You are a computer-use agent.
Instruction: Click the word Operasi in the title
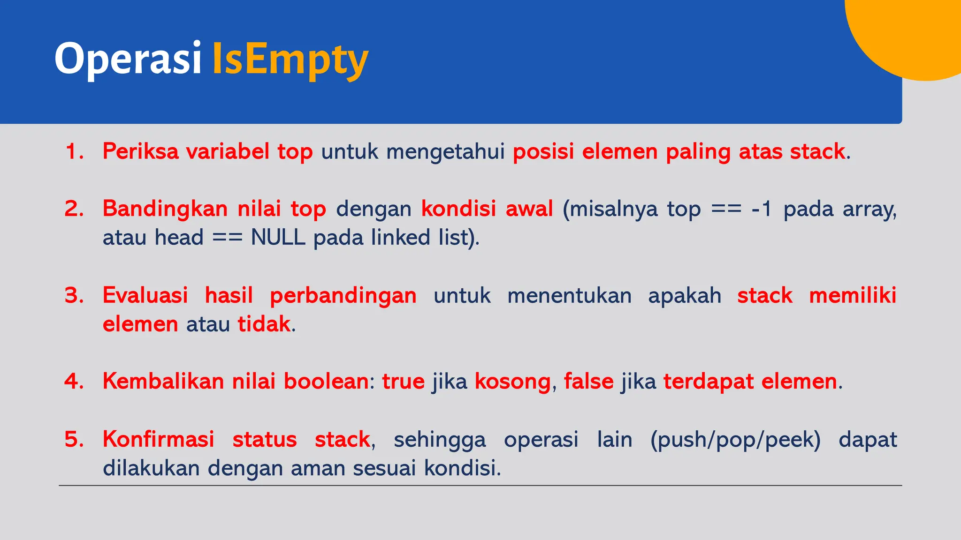click(128, 59)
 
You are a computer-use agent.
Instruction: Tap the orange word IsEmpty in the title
click(290, 60)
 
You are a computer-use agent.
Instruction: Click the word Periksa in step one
click(140, 152)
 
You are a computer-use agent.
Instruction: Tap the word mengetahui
click(445, 152)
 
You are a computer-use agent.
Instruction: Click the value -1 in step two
click(761, 209)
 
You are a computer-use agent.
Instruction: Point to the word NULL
click(278, 238)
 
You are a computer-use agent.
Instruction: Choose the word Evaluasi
click(145, 296)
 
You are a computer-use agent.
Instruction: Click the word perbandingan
click(343, 296)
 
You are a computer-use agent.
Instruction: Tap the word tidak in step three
click(264, 324)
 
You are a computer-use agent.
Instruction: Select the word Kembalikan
click(163, 382)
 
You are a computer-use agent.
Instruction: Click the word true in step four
click(403, 382)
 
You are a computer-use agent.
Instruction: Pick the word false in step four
click(588, 382)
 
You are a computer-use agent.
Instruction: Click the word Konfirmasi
click(158, 440)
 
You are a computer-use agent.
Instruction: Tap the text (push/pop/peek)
click(735, 440)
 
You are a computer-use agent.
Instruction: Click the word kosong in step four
click(512, 382)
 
